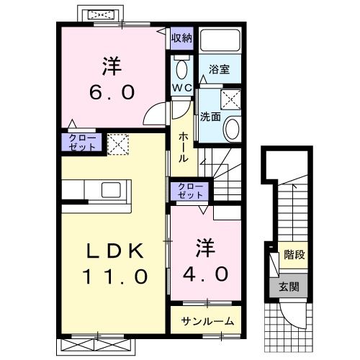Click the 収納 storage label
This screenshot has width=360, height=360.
(181, 38)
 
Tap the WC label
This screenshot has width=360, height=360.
(182, 88)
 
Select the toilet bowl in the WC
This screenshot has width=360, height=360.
(181, 69)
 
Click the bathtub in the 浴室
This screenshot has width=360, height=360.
(220, 40)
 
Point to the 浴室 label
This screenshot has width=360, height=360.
(219, 69)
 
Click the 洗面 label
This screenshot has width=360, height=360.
(210, 117)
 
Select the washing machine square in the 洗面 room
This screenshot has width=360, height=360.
(230, 99)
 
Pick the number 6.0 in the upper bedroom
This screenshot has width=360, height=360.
(112, 92)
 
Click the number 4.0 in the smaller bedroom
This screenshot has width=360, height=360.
(205, 274)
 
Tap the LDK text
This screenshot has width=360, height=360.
(115, 251)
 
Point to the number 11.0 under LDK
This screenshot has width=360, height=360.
(115, 276)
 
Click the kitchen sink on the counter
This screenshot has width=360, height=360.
(111, 190)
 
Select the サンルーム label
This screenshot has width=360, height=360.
(207, 321)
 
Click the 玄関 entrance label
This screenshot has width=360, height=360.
(289, 287)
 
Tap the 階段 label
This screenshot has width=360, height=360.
(294, 254)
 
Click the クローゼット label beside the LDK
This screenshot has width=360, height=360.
(82, 143)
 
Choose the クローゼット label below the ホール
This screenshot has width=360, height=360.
(190, 191)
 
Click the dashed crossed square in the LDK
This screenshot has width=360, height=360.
(118, 144)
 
